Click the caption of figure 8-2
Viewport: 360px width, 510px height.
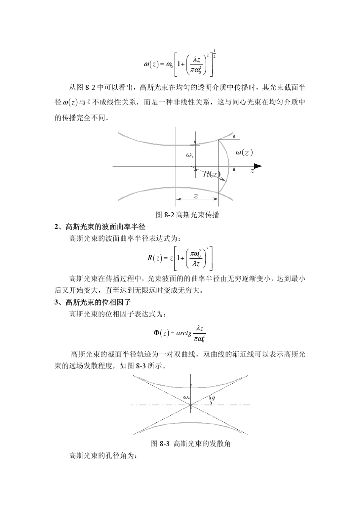click(188, 215)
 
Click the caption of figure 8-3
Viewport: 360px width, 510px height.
click(191, 443)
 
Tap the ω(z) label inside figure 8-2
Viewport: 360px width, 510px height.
click(244, 152)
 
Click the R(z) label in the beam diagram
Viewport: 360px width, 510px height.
click(211, 174)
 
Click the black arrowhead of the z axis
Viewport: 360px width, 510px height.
click(258, 166)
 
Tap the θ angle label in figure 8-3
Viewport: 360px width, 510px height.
click(213, 399)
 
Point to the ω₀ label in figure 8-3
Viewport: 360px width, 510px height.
click(186, 397)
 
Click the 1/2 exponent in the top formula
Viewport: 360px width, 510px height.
click(215, 53)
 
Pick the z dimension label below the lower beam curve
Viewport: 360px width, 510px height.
click(196, 196)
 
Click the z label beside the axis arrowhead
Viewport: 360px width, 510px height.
click(252, 171)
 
